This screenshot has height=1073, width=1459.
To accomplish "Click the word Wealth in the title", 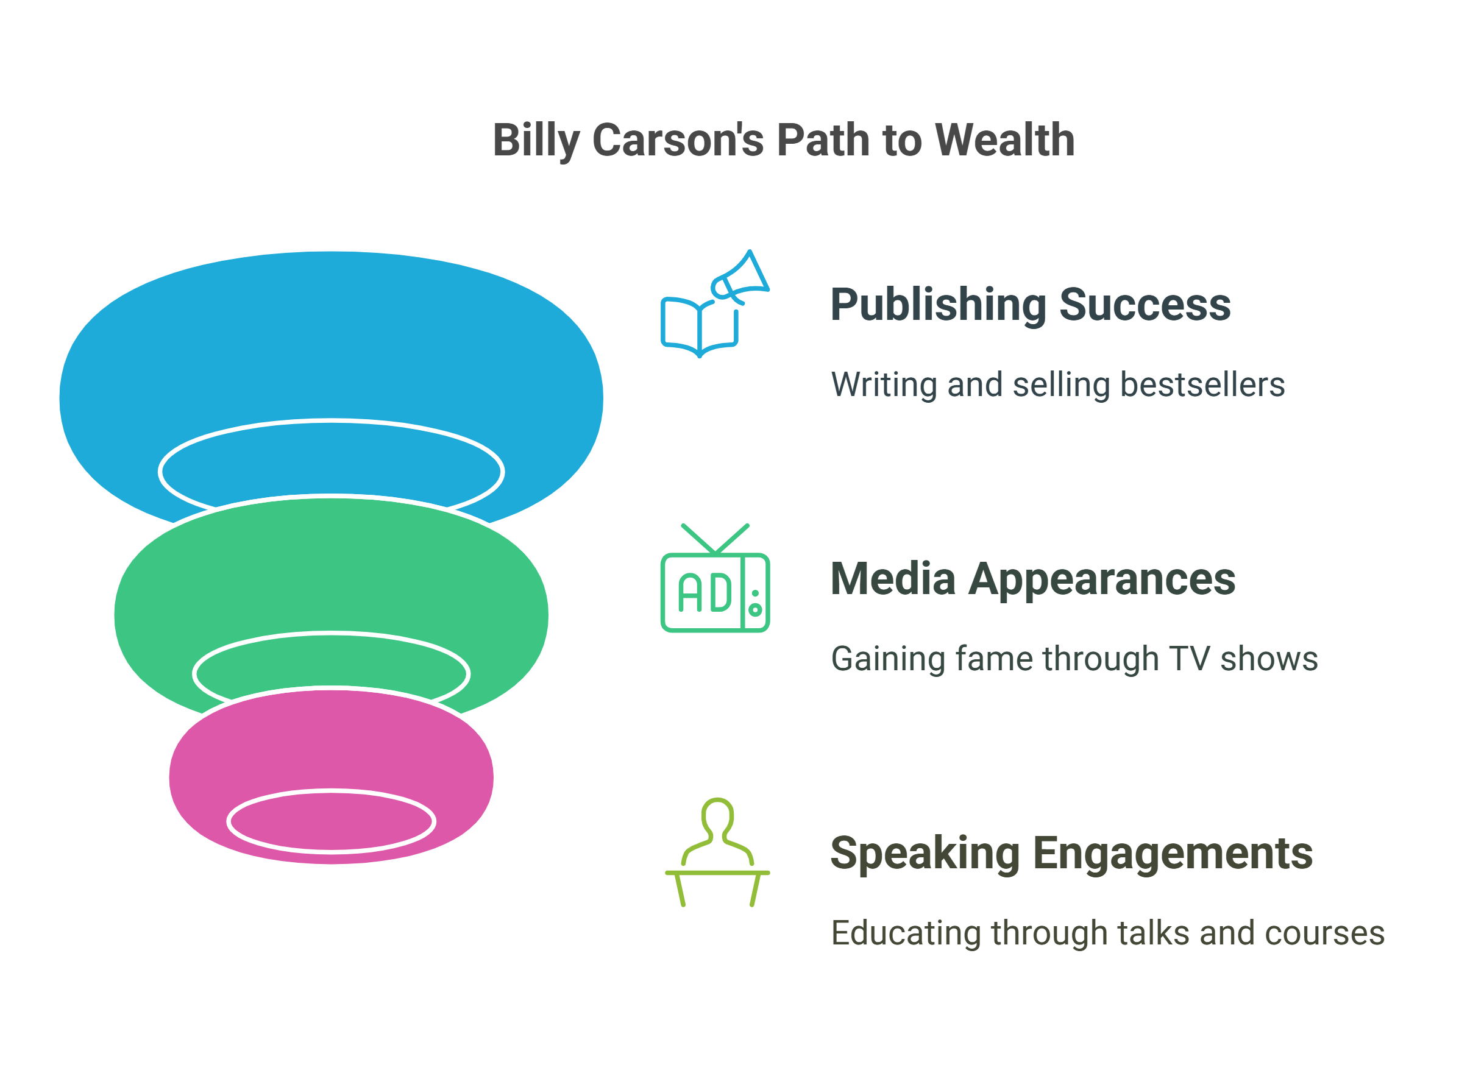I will [x=1004, y=140].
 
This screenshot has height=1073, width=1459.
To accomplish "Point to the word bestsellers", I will [x=1202, y=384].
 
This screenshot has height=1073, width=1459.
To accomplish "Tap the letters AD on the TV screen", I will [x=704, y=592].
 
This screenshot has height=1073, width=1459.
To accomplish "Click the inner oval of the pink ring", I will [x=332, y=821].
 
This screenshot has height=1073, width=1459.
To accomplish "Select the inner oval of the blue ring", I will [x=332, y=465].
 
